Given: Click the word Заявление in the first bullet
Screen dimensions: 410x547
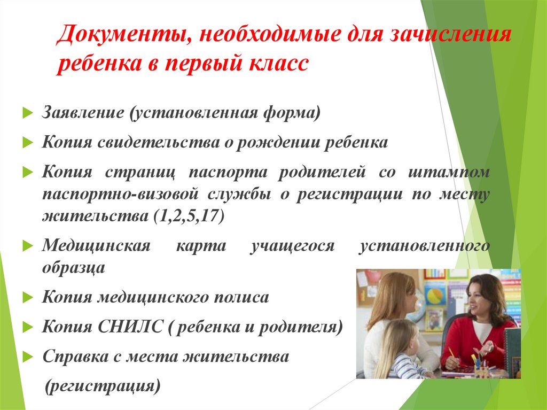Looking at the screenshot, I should click(x=82, y=113).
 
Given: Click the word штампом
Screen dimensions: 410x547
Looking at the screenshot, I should click(x=448, y=173).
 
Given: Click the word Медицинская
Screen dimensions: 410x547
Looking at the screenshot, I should click(x=96, y=246).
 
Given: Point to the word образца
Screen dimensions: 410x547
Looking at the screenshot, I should click(x=73, y=267).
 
